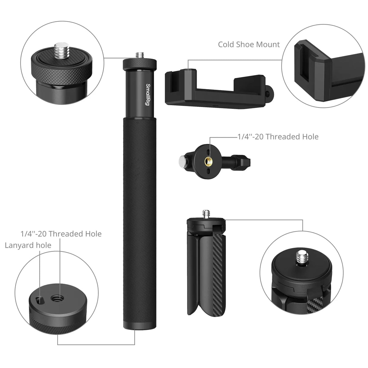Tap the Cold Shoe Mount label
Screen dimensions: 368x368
tap(249, 45)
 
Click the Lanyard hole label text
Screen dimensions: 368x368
tap(28, 245)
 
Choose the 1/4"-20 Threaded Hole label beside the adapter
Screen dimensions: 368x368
tap(277, 137)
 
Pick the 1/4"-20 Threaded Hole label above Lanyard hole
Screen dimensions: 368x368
tap(61, 234)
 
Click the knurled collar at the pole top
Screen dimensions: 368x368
tap(140, 65)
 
